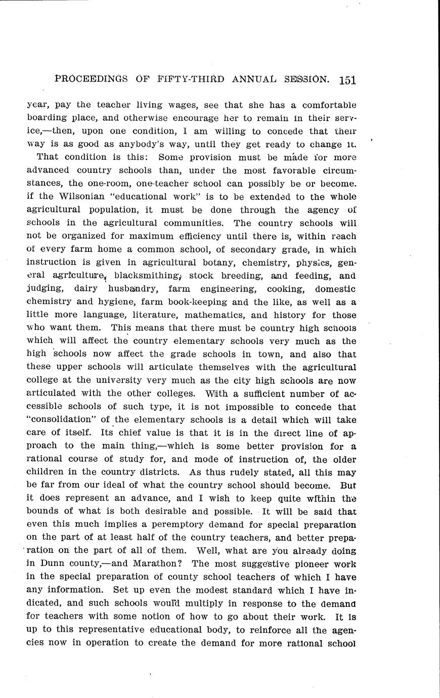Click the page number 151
(x=348, y=80)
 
